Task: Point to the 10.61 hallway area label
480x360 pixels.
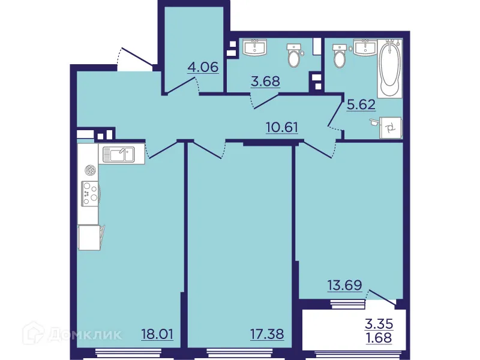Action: [283, 127]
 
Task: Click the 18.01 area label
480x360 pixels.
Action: [157, 334]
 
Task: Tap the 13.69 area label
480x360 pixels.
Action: [344, 285]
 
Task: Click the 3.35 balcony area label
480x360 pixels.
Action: [379, 324]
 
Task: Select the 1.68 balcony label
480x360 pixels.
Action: [379, 337]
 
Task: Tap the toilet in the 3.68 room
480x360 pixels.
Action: [294, 56]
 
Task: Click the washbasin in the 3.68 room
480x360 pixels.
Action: [258, 46]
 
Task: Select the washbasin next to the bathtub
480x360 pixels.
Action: [364, 46]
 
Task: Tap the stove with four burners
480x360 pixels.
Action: [91, 193]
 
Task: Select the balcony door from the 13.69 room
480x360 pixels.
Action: [382, 297]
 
